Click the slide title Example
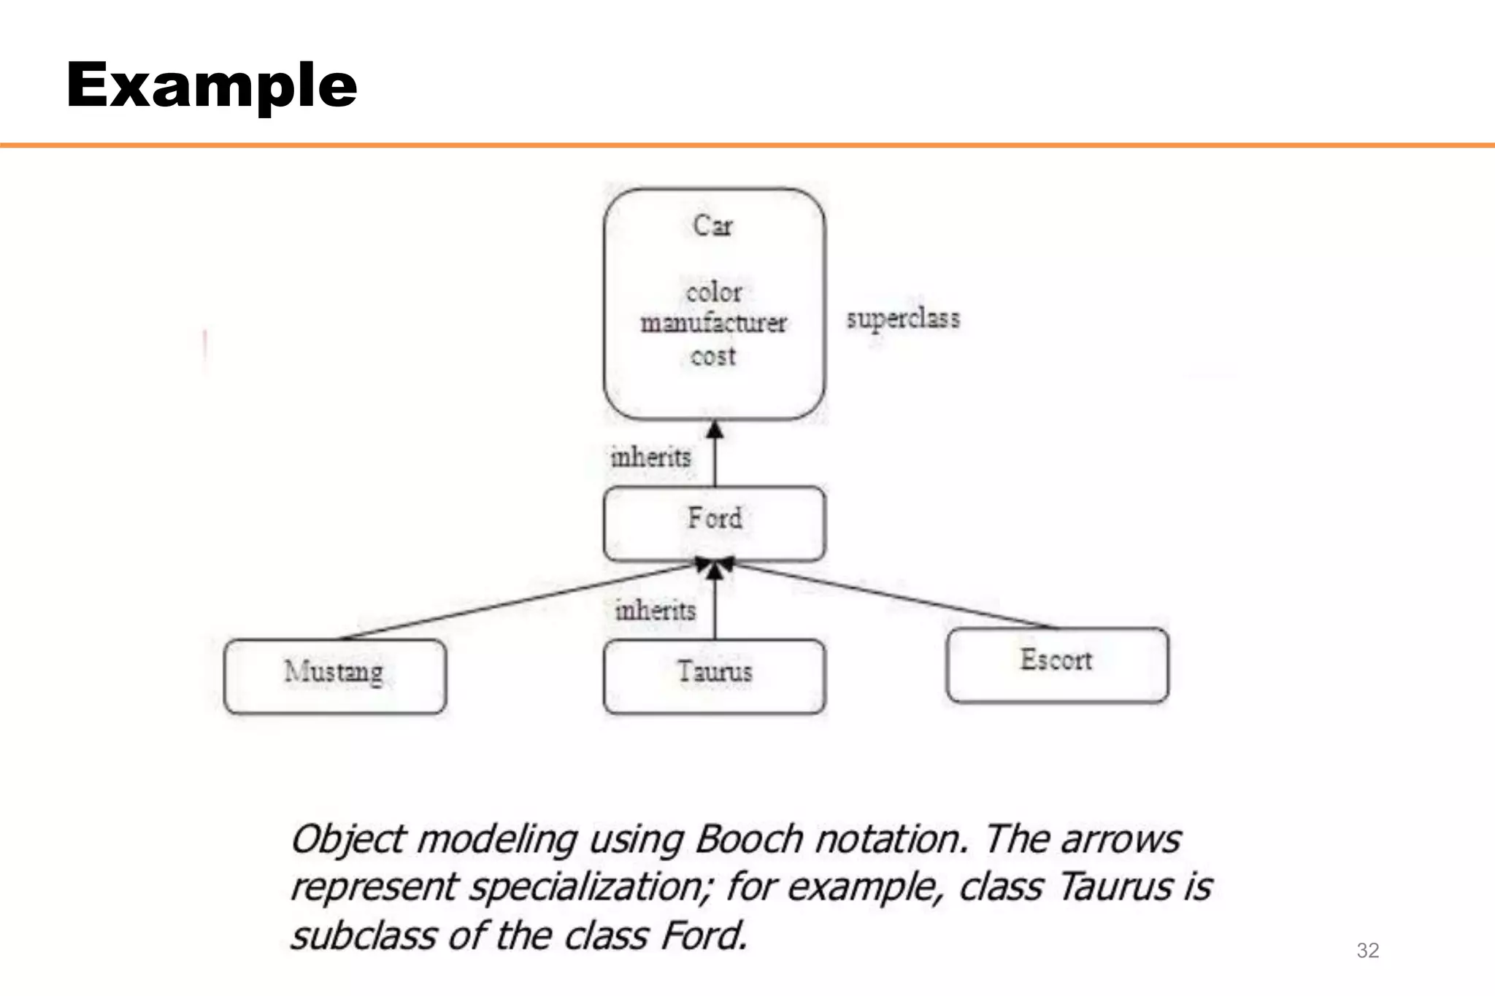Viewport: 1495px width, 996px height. click(x=212, y=85)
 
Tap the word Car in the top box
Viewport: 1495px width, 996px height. click(x=712, y=225)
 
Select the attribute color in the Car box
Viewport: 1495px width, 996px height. click(x=713, y=293)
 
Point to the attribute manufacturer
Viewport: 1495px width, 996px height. click(x=713, y=323)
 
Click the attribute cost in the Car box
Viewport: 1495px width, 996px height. click(x=713, y=357)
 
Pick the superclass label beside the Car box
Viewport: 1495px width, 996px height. click(x=903, y=319)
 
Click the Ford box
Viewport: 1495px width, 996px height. click(x=715, y=523)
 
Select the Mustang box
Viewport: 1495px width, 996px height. click(x=335, y=676)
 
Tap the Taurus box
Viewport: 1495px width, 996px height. click(x=715, y=676)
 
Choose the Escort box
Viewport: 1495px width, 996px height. click(x=1057, y=664)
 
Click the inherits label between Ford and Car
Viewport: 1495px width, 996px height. click(x=650, y=458)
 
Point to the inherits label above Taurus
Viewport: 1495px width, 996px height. click(x=655, y=610)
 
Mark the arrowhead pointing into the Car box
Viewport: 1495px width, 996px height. click(x=715, y=430)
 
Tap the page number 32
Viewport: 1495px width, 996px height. click(x=1367, y=950)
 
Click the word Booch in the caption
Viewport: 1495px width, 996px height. click(x=749, y=839)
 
